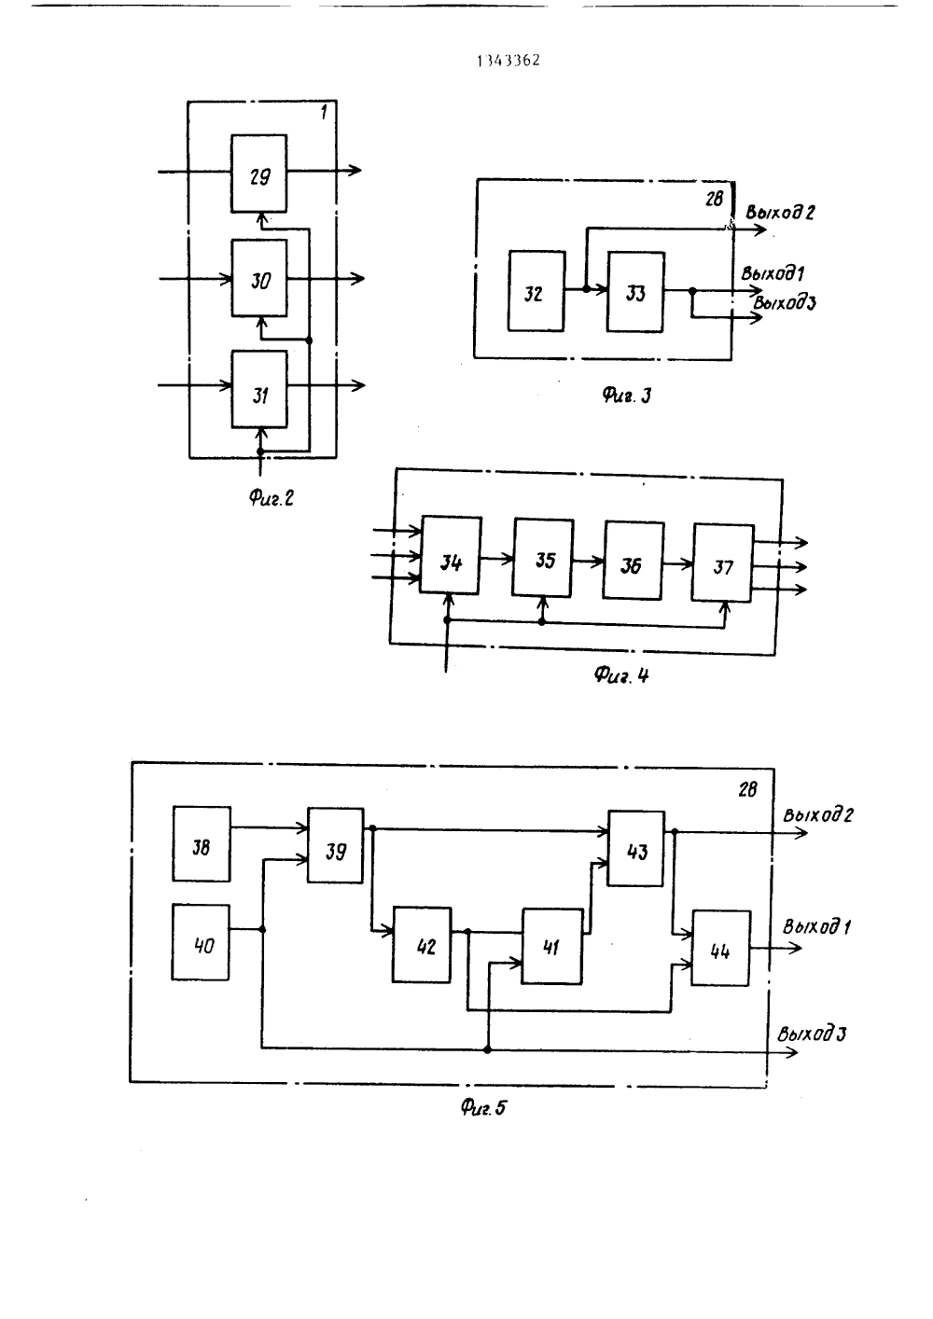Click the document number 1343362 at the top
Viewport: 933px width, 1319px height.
[x=508, y=61]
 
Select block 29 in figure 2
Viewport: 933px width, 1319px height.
[x=259, y=174]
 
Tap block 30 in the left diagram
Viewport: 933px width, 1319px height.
[x=259, y=278]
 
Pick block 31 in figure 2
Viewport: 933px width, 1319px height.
[x=259, y=389]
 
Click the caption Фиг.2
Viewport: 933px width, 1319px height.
[x=271, y=499]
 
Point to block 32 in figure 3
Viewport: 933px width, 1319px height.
[x=536, y=291]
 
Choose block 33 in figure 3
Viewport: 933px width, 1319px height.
[x=635, y=292]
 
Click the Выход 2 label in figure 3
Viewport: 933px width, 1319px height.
[x=780, y=212]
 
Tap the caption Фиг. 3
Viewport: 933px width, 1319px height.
[x=627, y=396]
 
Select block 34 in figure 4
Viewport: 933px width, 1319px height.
[x=451, y=555]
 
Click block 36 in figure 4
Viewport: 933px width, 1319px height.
[x=634, y=561]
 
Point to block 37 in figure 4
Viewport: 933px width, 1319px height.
[x=723, y=562]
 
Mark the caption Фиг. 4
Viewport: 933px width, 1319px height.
[x=620, y=674]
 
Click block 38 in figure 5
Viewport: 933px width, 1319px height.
[x=202, y=844]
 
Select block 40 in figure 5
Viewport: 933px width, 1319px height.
[x=201, y=942]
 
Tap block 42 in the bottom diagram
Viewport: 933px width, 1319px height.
[x=422, y=945]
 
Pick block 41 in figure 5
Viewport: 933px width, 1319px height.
[x=552, y=946]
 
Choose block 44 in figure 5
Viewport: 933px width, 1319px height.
[x=721, y=948]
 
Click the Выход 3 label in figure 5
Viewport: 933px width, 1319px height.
[x=812, y=1034]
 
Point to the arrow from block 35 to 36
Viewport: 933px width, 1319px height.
[x=588, y=562]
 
